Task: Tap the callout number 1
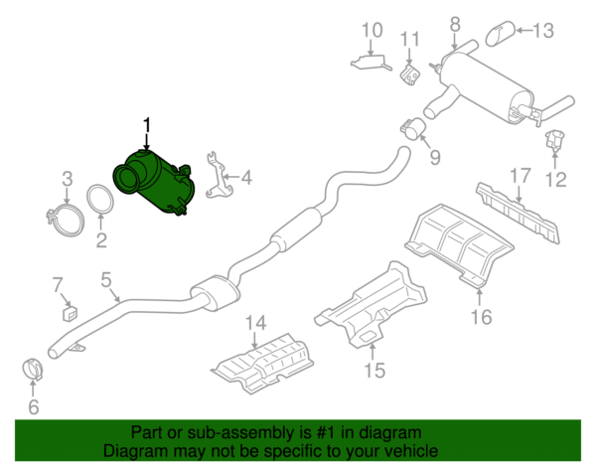pyautogui.click(x=148, y=125)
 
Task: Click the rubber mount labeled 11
pyautogui.click(x=553, y=140)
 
